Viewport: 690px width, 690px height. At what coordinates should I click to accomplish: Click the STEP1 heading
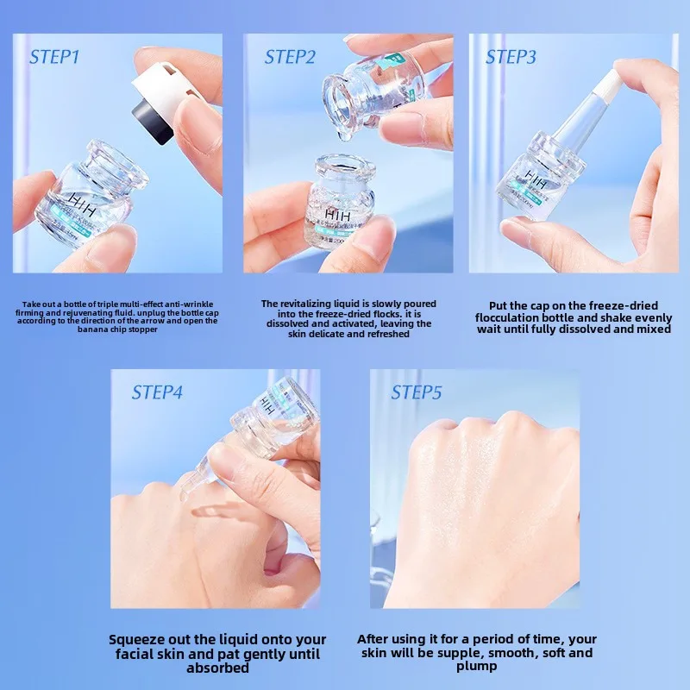click(54, 58)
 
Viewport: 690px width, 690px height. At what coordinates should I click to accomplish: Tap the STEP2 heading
click(291, 58)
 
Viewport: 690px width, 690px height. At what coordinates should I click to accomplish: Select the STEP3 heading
click(511, 58)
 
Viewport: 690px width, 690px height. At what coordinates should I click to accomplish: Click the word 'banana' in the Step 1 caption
click(91, 329)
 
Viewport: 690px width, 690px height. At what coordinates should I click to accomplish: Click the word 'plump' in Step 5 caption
click(477, 667)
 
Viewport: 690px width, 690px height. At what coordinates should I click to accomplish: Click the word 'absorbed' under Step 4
click(217, 667)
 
